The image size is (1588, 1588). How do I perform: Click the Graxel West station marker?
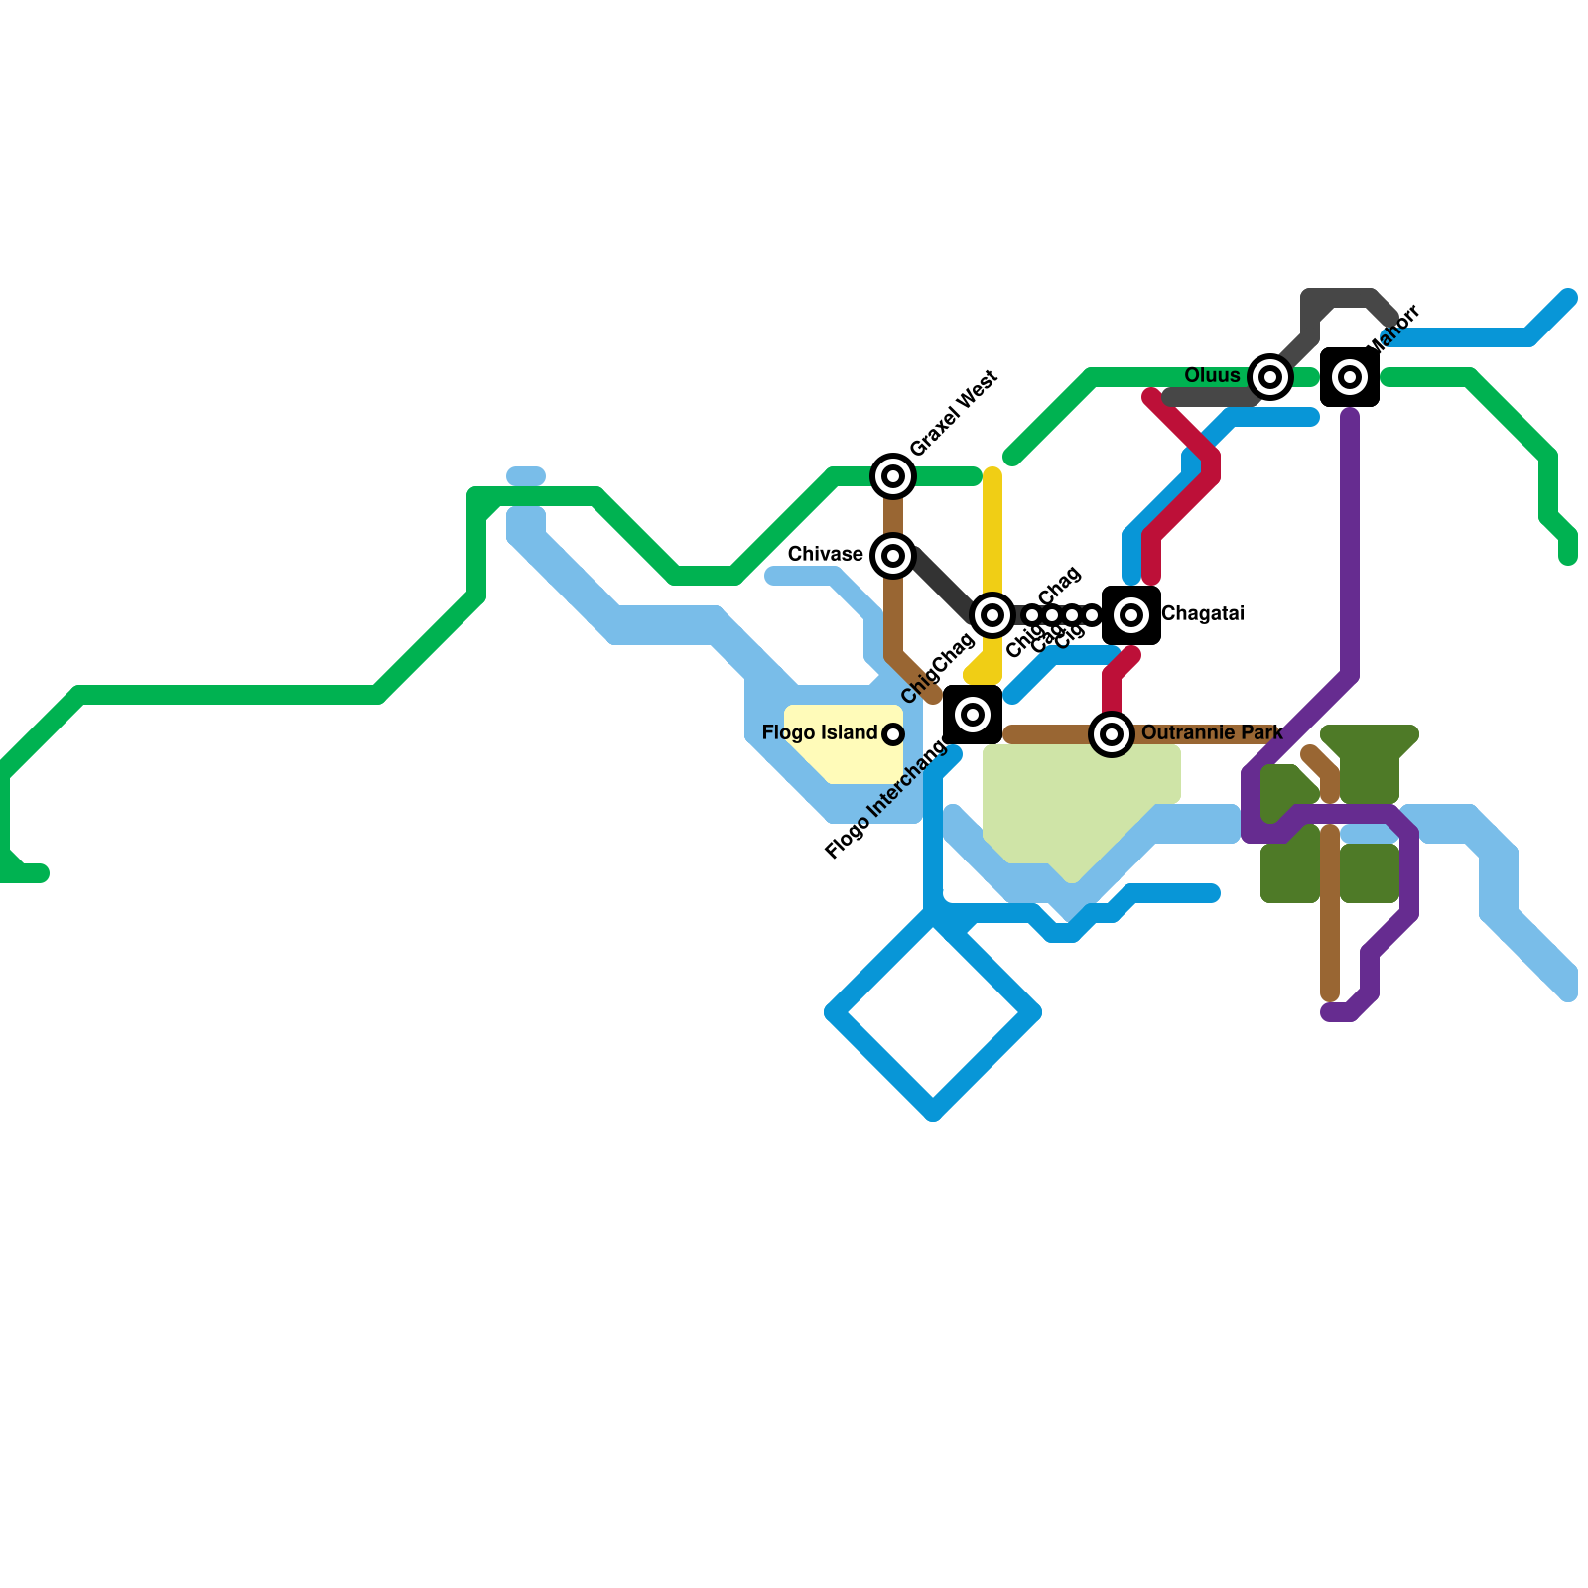(x=893, y=476)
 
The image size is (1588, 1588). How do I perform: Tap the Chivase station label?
(x=825, y=554)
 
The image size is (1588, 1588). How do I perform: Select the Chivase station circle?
(x=893, y=556)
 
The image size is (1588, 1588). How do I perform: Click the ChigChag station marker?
(x=992, y=615)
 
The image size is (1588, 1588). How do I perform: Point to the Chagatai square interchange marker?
(x=1131, y=615)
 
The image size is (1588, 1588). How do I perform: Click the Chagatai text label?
(x=1202, y=613)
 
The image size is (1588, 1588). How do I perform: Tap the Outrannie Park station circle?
(x=1112, y=734)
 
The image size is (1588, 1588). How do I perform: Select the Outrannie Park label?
(x=1212, y=732)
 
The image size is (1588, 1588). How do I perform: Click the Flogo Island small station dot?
(x=893, y=734)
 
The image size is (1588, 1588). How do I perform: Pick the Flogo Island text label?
(x=819, y=732)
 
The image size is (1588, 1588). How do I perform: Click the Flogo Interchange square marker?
(x=973, y=715)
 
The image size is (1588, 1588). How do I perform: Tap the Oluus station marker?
(x=1270, y=377)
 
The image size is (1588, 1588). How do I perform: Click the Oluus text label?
(x=1212, y=375)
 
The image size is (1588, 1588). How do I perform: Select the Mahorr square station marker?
(x=1350, y=377)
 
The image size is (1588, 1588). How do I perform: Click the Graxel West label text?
(x=954, y=413)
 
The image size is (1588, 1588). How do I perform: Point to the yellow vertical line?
(x=992, y=536)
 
